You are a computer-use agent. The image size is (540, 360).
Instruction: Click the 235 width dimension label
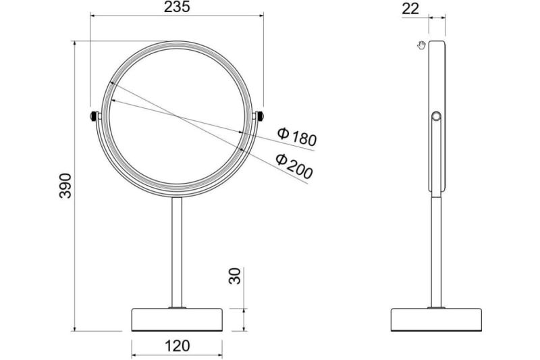(x=177, y=7)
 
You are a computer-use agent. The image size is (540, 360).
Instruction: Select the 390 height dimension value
(x=65, y=186)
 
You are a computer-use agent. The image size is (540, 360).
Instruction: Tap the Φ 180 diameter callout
(x=297, y=136)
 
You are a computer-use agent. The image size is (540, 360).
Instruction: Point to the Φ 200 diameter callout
(x=294, y=165)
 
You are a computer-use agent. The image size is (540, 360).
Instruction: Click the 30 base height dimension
(x=235, y=276)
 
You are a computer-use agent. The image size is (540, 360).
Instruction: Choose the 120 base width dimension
(x=177, y=346)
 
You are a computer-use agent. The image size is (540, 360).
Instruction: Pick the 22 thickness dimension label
(x=410, y=9)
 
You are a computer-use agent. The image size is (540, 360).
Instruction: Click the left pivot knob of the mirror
(x=93, y=116)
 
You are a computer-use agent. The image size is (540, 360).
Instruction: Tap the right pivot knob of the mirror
(x=260, y=115)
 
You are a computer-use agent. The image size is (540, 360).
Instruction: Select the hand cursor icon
(x=421, y=45)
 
